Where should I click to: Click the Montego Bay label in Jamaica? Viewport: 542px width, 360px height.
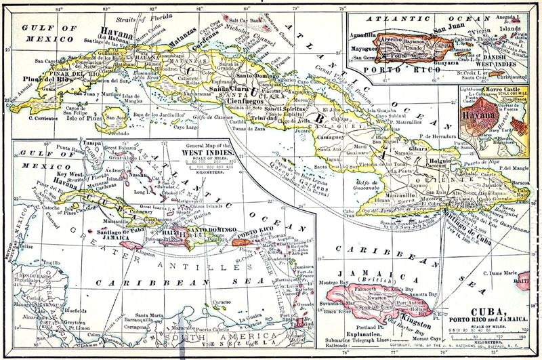coord(333,281)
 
